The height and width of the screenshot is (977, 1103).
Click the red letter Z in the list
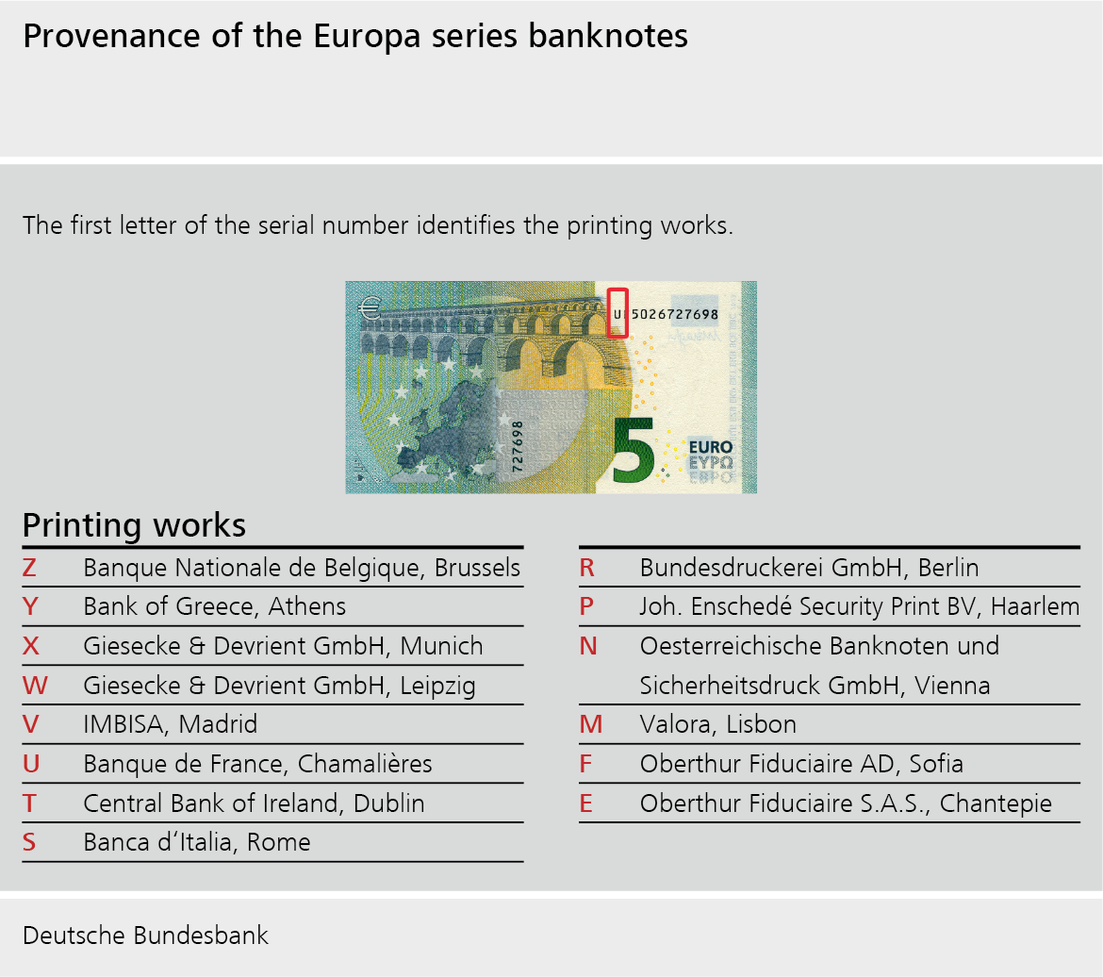tap(29, 568)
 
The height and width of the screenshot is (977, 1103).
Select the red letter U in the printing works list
tap(31, 764)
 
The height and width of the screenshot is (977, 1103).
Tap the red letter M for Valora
tap(591, 724)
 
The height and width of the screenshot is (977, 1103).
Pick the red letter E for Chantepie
tap(586, 803)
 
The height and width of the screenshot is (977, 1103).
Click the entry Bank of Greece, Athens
tap(215, 606)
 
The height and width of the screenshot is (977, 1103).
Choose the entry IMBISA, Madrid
tap(171, 724)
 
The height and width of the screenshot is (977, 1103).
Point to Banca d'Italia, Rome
tap(197, 842)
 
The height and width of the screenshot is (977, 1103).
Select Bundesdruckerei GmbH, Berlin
tap(809, 568)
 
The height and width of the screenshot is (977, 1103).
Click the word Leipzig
tap(437, 687)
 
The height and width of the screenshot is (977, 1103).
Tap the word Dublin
tap(389, 803)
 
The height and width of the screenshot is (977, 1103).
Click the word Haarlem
tap(1035, 606)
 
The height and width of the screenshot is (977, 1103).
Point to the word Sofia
tap(935, 764)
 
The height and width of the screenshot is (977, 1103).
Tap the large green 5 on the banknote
tap(634, 451)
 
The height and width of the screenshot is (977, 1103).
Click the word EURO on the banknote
tap(711, 447)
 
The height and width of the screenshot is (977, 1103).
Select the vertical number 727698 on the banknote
tap(517, 446)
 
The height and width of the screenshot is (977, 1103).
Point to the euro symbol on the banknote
tap(370, 307)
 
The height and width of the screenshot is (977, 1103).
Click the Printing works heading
tap(135, 525)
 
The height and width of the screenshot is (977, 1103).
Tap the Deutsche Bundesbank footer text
tap(145, 936)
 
